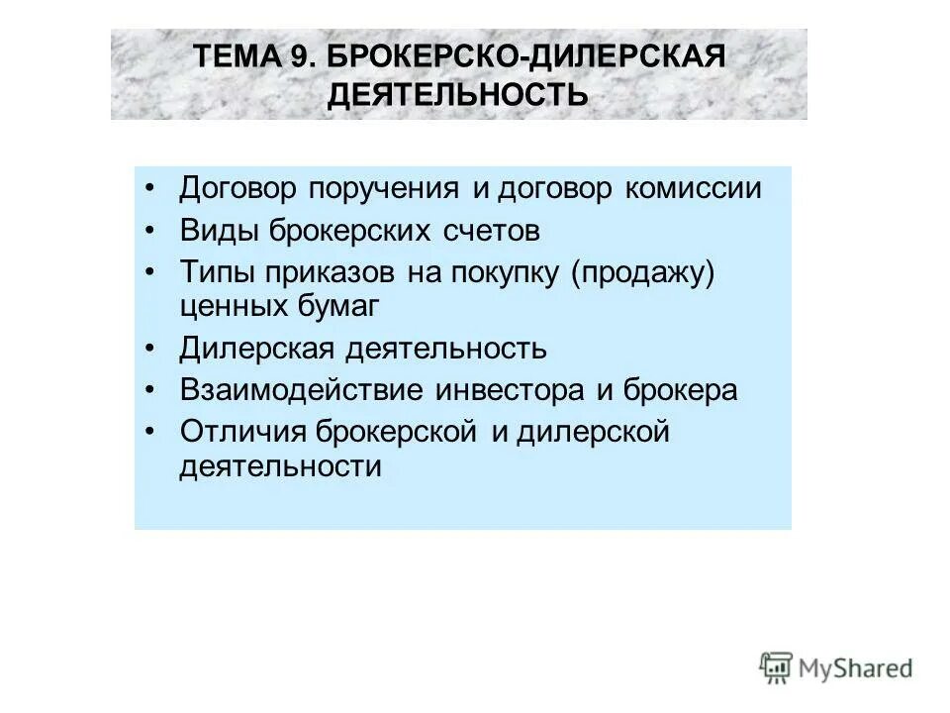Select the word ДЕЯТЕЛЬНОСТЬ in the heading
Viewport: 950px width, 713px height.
coord(457,95)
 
